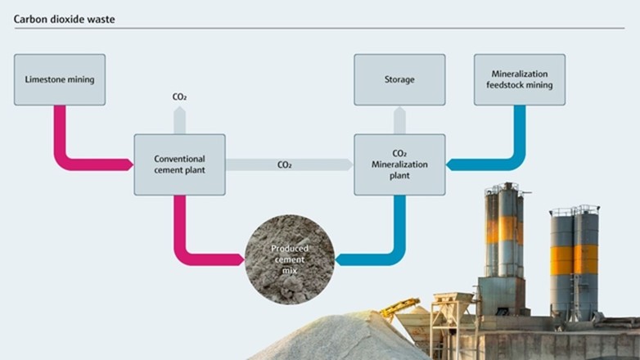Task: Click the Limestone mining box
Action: (x=60, y=79)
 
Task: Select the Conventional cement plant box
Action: (x=179, y=164)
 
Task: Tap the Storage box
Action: (x=399, y=79)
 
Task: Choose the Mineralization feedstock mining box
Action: (x=520, y=79)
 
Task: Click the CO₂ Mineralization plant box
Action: (x=399, y=164)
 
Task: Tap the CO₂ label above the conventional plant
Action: (x=179, y=97)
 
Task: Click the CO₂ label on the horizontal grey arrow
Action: (x=285, y=164)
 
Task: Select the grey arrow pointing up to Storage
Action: (x=399, y=119)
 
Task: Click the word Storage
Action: (x=399, y=79)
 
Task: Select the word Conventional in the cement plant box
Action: (x=179, y=159)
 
